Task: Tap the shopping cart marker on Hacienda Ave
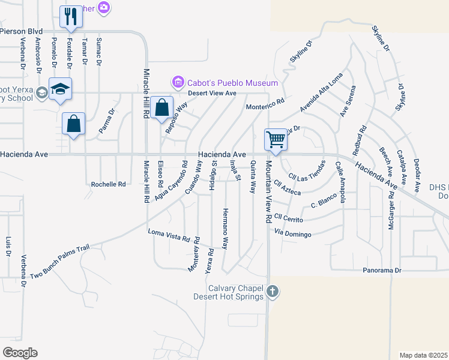(276, 139)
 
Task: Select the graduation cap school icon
(60, 89)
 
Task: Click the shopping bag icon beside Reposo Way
(161, 108)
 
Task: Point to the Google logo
(20, 353)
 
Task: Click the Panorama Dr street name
(382, 271)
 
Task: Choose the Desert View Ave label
(211, 93)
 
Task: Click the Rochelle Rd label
(109, 184)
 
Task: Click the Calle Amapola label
(340, 182)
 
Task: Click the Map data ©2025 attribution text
(423, 355)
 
